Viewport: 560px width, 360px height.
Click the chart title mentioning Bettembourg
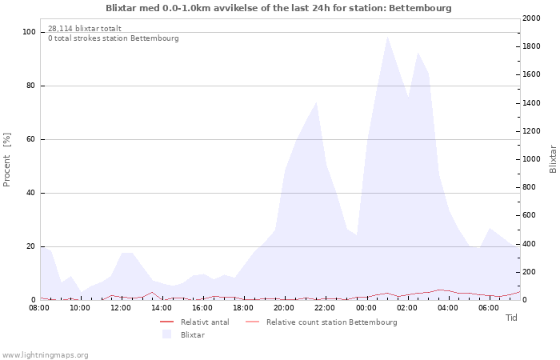click(278, 8)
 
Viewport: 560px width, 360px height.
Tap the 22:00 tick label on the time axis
click(325, 308)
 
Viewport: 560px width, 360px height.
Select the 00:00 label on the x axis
click(366, 308)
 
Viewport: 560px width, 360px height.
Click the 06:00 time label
click(489, 308)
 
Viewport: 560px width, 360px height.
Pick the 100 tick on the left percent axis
click(29, 32)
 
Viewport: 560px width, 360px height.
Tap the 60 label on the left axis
click(30, 139)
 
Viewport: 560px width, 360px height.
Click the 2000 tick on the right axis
click(531, 18)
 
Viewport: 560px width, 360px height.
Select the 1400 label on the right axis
click(531, 103)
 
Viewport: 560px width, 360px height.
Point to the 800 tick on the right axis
click(530, 187)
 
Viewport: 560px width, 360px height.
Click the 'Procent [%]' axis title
click(6, 160)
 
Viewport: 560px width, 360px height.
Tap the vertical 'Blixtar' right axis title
click(553, 159)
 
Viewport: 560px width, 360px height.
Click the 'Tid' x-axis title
click(511, 318)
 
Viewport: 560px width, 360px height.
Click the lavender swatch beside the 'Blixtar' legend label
click(166, 334)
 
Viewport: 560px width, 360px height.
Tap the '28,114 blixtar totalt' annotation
click(85, 29)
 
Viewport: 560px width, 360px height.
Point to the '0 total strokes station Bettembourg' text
click(114, 38)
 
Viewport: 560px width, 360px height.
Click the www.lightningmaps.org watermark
click(45, 355)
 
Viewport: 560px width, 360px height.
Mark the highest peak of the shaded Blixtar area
click(386, 37)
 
